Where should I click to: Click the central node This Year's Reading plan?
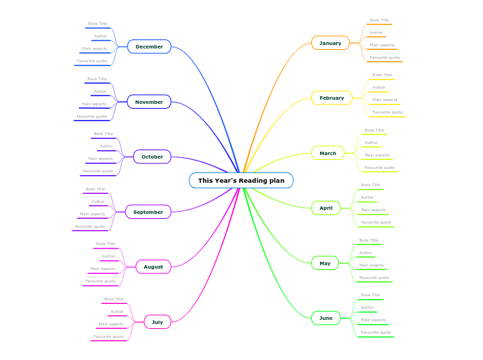pyautogui.click(x=241, y=181)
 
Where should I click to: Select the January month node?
pyautogui.click(x=331, y=43)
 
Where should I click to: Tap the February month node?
pyautogui.click(x=332, y=98)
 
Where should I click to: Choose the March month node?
pyautogui.click(x=328, y=153)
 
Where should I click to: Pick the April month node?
pyautogui.click(x=326, y=208)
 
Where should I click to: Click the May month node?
pyautogui.click(x=325, y=263)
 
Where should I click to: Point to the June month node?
pyautogui.click(x=326, y=318)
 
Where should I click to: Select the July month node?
pyautogui.click(x=157, y=322)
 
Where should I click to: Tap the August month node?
pyautogui.click(x=153, y=267)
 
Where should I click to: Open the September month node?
pyautogui.click(x=148, y=212)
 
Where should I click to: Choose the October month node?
pyautogui.click(x=152, y=156)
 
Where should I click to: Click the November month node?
pyautogui.click(x=149, y=102)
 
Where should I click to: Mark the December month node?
pyautogui.click(x=149, y=46)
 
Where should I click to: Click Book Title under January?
pyautogui.click(x=379, y=20)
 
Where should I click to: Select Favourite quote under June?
pyautogui.click(x=376, y=332)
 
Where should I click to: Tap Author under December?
pyautogui.click(x=100, y=36)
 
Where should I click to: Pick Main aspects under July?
pyautogui.click(x=111, y=324)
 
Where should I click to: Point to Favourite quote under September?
pyautogui.click(x=90, y=226)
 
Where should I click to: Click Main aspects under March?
pyautogui.click(x=377, y=155)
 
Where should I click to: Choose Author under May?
pyautogui.click(x=366, y=253)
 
